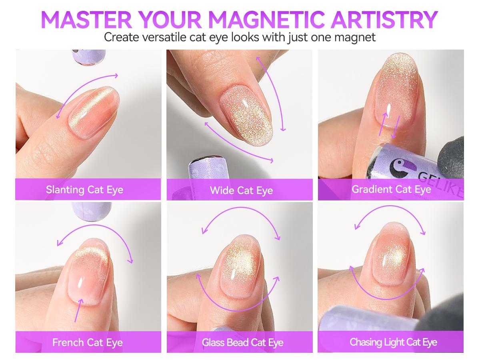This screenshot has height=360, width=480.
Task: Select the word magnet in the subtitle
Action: (355, 37)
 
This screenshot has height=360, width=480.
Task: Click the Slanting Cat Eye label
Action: (85, 190)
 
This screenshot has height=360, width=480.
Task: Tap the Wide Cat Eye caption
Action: (242, 190)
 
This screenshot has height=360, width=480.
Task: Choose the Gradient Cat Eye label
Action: (392, 189)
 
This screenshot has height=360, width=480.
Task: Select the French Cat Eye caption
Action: (88, 342)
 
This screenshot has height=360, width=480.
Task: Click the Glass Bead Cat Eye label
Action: (242, 342)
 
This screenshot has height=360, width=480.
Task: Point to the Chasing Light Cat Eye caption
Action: (393, 342)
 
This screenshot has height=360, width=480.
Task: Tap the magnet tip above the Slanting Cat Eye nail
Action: (89, 57)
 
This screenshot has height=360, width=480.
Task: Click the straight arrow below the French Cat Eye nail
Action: (79, 310)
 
